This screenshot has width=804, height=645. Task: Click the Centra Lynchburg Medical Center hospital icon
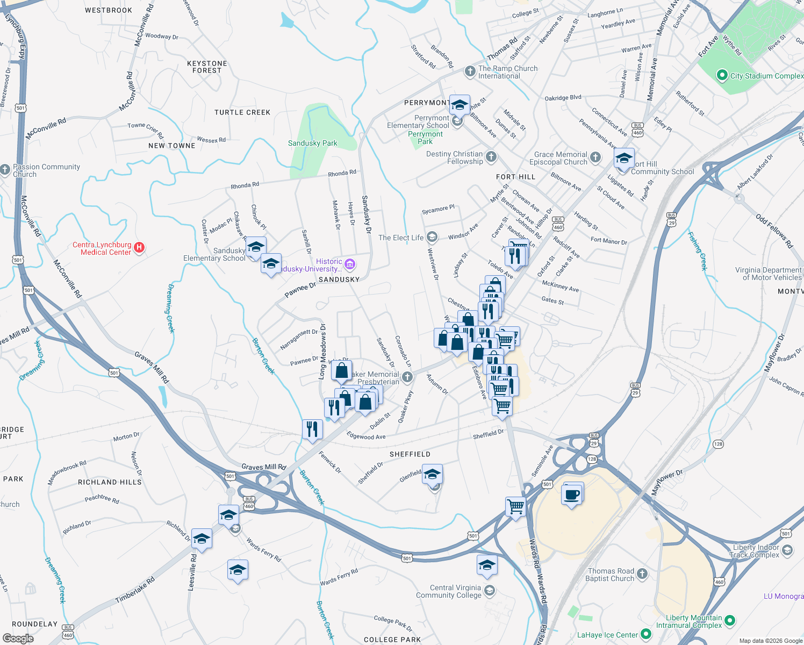click(139, 247)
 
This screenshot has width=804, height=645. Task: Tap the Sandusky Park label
click(312, 143)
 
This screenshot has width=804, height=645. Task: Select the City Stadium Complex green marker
click(722, 76)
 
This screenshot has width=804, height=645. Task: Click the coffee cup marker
click(572, 494)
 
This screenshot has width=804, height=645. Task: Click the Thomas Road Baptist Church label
click(609, 575)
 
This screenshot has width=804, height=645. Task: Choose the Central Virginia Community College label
click(448, 591)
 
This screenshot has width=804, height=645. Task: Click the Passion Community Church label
click(46, 170)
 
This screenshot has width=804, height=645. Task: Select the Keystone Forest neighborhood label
click(207, 67)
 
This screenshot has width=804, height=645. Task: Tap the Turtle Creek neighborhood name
click(242, 112)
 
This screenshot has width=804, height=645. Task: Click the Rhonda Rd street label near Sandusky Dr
click(342, 173)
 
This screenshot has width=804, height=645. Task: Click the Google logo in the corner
click(18, 638)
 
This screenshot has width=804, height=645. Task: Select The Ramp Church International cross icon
click(470, 71)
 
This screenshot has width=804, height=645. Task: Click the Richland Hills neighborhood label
click(110, 482)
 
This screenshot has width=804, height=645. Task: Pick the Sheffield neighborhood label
click(410, 454)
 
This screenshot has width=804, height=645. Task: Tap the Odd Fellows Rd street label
click(774, 231)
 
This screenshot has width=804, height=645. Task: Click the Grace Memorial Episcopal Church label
click(561, 158)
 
